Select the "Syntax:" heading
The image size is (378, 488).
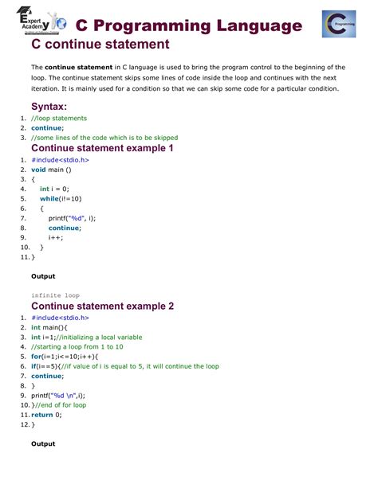tap(49, 106)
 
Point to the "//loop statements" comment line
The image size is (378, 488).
tap(59, 118)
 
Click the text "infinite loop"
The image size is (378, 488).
tap(55, 295)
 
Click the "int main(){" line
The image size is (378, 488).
tap(51, 327)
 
